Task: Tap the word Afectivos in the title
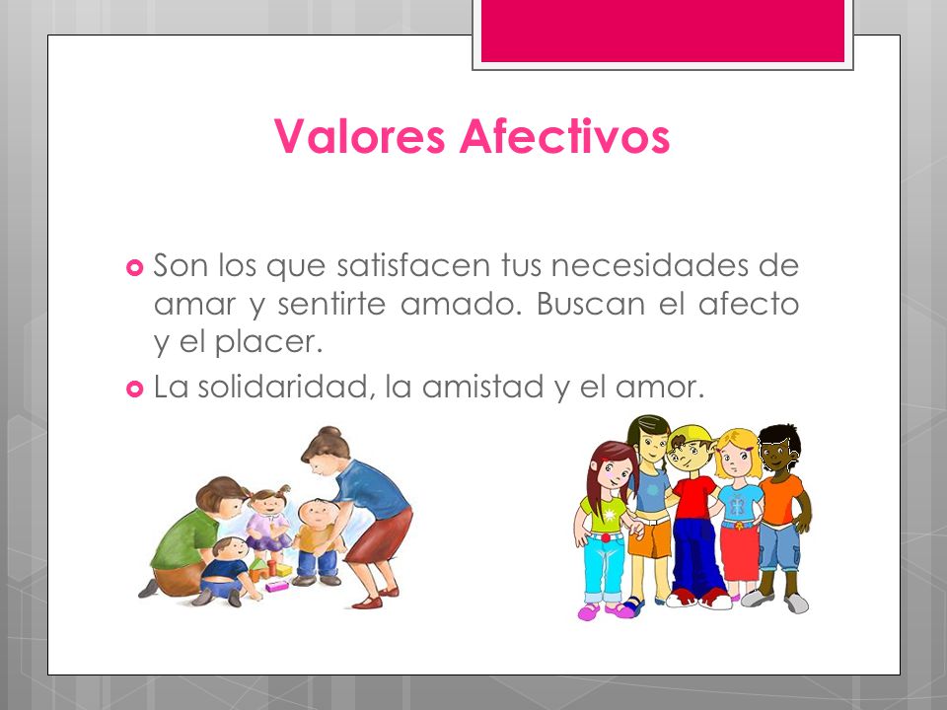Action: (564, 137)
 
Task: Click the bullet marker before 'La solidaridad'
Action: (135, 390)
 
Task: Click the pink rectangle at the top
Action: (662, 30)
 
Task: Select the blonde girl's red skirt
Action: (739, 552)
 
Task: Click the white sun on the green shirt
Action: (604, 516)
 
